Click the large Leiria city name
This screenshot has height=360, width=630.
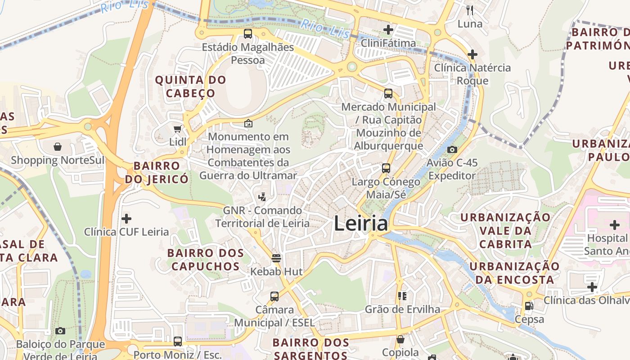[x=360, y=224]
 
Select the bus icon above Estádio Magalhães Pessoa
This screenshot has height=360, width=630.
[x=247, y=34]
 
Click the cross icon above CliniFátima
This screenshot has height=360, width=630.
[x=388, y=30]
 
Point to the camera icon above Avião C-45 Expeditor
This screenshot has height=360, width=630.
[x=452, y=150]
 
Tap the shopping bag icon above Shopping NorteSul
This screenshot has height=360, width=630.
[x=58, y=147]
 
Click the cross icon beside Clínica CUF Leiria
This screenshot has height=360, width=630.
[x=126, y=219]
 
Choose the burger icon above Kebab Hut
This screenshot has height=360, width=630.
[x=276, y=258]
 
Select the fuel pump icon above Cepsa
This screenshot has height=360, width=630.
[x=529, y=306]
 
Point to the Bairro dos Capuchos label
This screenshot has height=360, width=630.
[x=206, y=260]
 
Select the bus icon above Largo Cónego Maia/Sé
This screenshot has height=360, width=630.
[x=386, y=169]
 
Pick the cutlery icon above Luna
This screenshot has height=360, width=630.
[x=469, y=10]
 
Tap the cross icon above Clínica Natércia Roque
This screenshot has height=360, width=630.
[x=472, y=55]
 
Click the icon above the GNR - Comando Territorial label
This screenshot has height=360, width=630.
[x=262, y=197]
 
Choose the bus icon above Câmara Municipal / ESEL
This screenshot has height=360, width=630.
[x=274, y=297]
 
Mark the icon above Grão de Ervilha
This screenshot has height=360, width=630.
[x=402, y=296]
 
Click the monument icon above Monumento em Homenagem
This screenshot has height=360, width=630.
[x=248, y=123]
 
